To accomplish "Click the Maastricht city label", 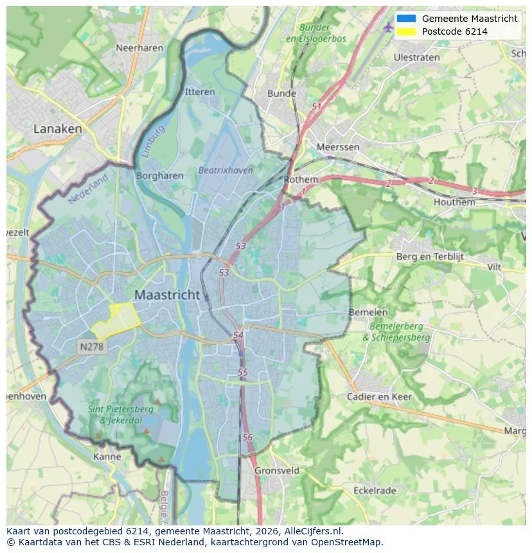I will tap(167, 295).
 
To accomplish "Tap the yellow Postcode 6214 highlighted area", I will tap(117, 320).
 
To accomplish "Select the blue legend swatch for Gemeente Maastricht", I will tap(406, 19).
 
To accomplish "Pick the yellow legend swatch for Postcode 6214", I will tap(406, 31).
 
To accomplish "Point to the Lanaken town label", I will tap(58, 128).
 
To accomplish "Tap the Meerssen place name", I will tap(338, 147).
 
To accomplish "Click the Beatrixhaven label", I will tap(226, 170).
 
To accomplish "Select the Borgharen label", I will tap(160, 175).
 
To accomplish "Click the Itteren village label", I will tap(200, 92).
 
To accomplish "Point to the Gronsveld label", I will tap(277, 470).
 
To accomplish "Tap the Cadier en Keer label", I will tap(379, 396).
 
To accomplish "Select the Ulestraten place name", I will tap(416, 57).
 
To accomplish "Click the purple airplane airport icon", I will tap(387, 27).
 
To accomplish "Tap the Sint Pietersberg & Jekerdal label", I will tap(120, 414).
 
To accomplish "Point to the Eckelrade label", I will tap(375, 490).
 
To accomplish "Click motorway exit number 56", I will tap(248, 437).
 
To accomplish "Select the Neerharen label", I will tap(138, 48).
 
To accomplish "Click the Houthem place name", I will tap(454, 202).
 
